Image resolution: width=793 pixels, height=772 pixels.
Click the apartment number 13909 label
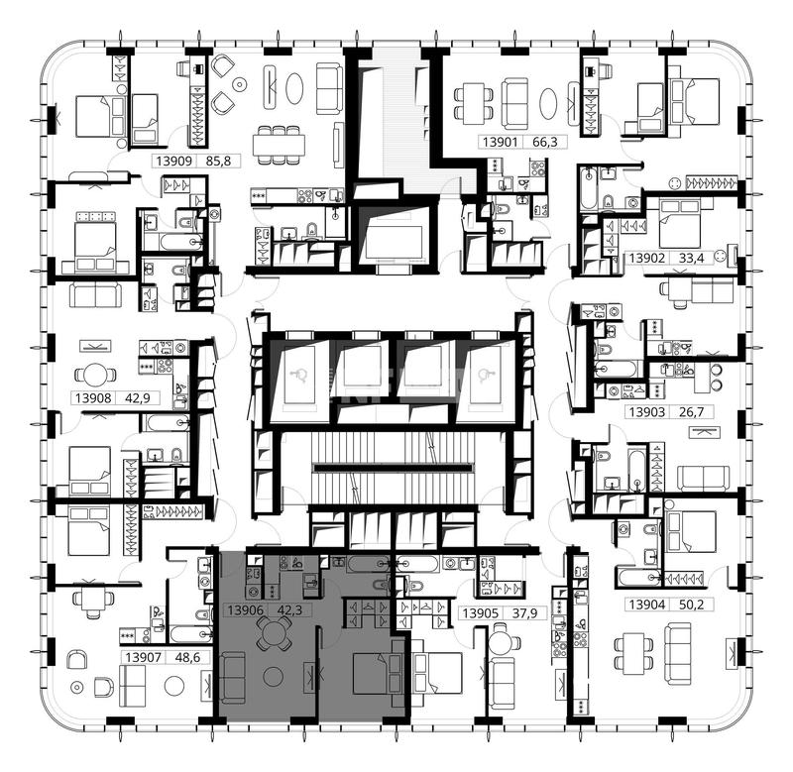(x=174, y=162)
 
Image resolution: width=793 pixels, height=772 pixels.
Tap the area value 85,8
(x=218, y=162)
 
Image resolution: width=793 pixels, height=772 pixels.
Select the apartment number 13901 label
(x=501, y=142)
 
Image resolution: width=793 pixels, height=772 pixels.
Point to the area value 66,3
(x=545, y=142)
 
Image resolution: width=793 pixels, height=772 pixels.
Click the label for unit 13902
(x=647, y=259)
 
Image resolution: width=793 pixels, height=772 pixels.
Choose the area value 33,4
(x=691, y=259)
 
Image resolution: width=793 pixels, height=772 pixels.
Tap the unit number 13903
(x=647, y=412)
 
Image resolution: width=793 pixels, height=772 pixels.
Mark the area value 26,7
(x=691, y=412)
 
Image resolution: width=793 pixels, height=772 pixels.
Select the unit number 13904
(x=647, y=605)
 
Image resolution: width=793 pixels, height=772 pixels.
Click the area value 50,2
(x=691, y=605)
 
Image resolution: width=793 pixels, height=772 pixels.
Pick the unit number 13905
(x=481, y=613)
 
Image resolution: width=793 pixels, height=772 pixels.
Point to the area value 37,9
(x=525, y=613)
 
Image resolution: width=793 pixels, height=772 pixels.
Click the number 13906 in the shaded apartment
(x=245, y=610)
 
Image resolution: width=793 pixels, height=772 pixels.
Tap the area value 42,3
(x=289, y=610)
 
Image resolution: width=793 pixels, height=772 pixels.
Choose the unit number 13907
(x=143, y=658)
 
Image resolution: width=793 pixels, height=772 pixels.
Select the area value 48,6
(x=187, y=658)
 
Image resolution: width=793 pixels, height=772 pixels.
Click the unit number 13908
(x=93, y=397)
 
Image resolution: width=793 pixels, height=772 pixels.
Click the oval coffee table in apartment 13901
(x=548, y=103)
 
